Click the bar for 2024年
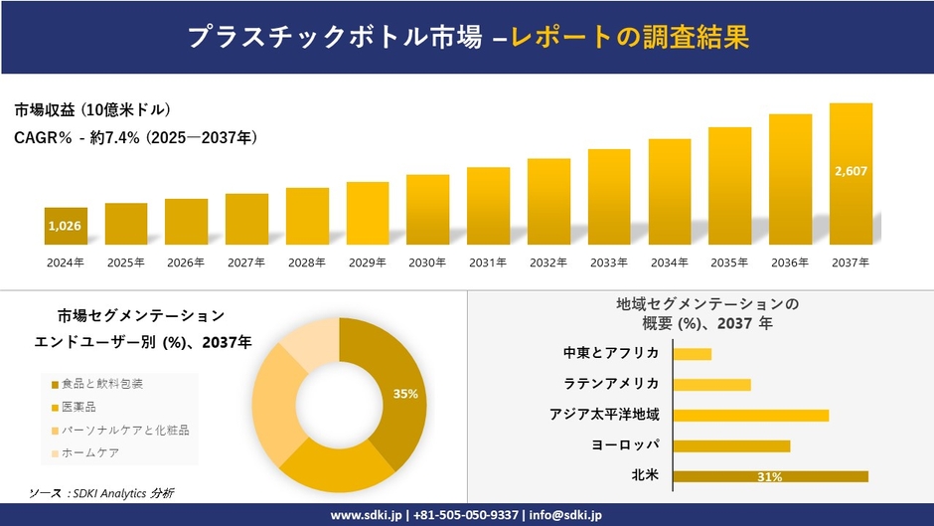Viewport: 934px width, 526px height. click(66, 226)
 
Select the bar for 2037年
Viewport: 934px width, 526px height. click(851, 174)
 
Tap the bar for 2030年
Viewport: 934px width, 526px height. click(427, 210)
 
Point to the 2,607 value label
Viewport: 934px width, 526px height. click(851, 171)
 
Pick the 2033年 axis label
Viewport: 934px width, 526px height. click(608, 263)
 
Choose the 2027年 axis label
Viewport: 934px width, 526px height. click(245, 263)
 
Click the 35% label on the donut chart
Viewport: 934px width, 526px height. click(405, 394)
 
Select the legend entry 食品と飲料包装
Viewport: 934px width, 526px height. click(102, 383)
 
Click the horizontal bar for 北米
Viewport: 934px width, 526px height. click(770, 476)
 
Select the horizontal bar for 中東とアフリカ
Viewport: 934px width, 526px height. click(692, 354)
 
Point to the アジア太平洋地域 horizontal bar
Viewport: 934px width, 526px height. click(750, 415)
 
